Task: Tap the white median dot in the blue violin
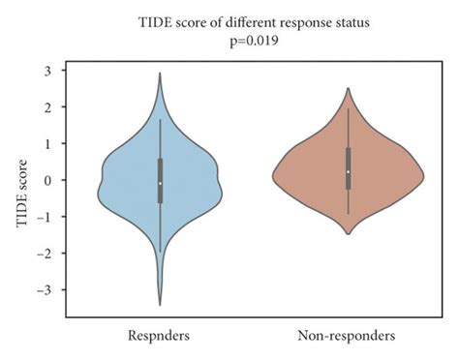pyautogui.click(x=160, y=183)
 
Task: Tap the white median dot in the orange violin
pyautogui.click(x=348, y=171)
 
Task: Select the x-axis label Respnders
pyautogui.click(x=160, y=336)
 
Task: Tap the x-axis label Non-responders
pyautogui.click(x=348, y=336)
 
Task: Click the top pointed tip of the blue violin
pyautogui.click(x=160, y=73)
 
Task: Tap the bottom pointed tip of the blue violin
pyautogui.click(x=160, y=305)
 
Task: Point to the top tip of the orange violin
pyautogui.click(x=348, y=88)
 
